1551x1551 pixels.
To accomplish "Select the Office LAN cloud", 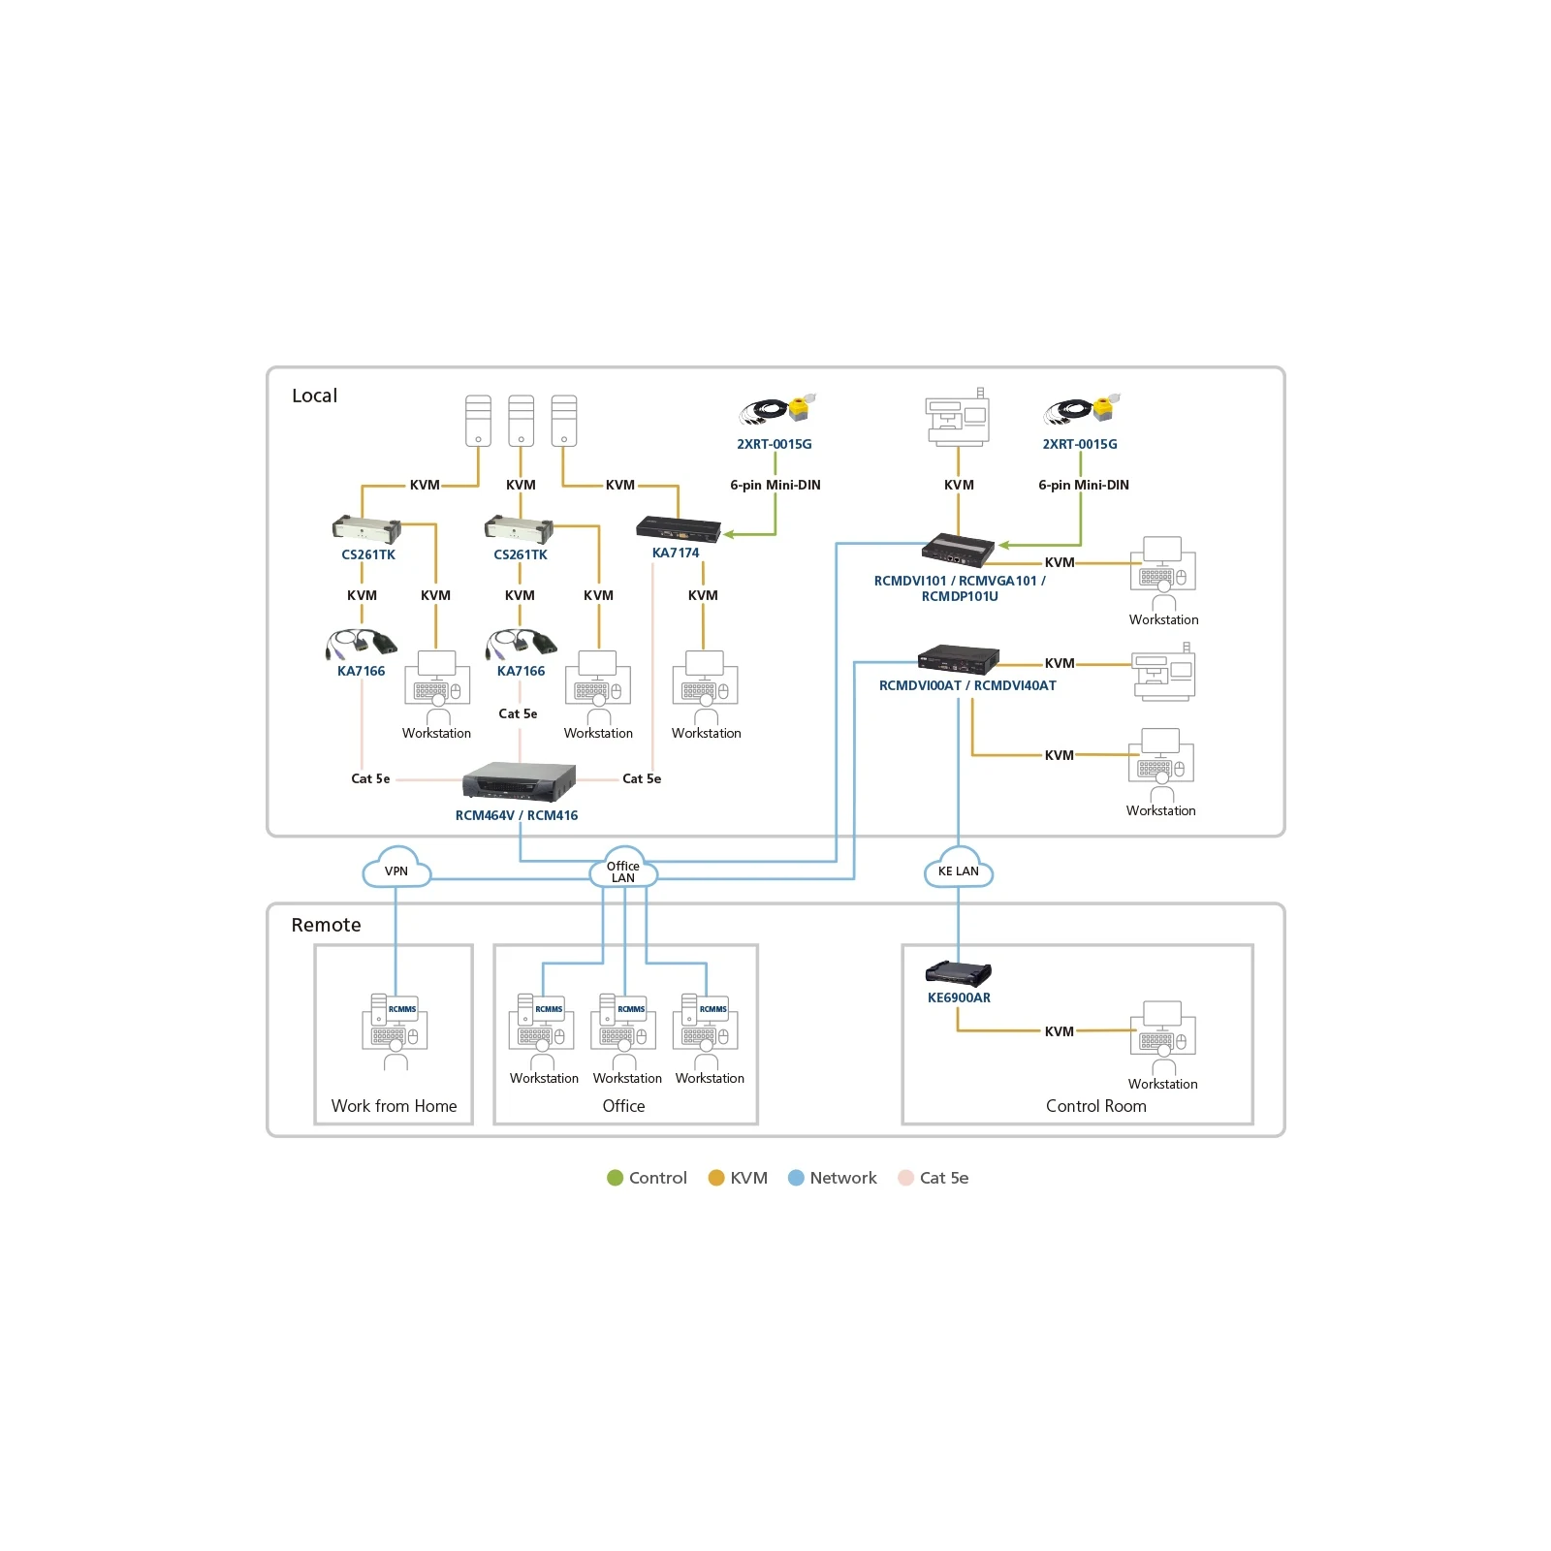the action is (623, 868).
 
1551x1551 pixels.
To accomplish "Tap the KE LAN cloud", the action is (959, 868).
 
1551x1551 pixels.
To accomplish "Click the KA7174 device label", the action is (676, 553).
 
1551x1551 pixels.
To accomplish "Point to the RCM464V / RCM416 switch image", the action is (519, 781).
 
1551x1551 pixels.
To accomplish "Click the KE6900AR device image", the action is (959, 972).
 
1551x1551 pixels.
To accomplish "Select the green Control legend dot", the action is (615, 1178).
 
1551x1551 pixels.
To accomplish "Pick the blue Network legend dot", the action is (796, 1178).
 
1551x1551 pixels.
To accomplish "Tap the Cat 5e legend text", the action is (944, 1178).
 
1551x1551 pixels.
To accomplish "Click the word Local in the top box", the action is (314, 396).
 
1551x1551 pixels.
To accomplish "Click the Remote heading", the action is (326, 925).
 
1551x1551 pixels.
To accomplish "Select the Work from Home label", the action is (394, 1106).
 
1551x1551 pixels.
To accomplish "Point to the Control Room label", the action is (1095, 1106).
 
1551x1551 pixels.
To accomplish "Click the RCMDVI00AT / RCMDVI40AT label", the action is (967, 685).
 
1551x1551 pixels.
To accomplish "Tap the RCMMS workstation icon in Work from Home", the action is (396, 1031).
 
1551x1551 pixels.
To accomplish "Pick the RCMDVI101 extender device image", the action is (958, 549).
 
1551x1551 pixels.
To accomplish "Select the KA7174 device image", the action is (679, 529).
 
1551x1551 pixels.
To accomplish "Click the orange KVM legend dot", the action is (716, 1178).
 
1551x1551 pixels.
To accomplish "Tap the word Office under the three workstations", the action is (623, 1106).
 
